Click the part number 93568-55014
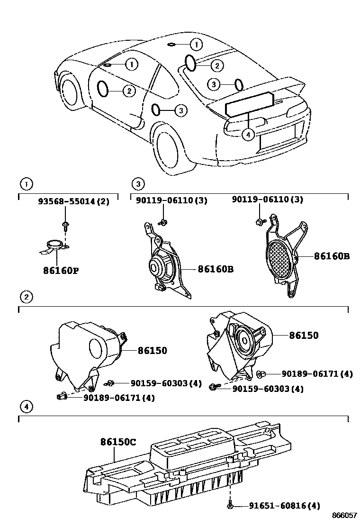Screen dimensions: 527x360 click(x=67, y=201)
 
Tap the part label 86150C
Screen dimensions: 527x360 click(x=118, y=442)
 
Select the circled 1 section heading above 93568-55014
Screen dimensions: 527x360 click(x=27, y=184)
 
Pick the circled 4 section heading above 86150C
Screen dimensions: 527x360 click(x=27, y=406)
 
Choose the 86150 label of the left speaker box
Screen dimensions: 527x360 click(x=153, y=351)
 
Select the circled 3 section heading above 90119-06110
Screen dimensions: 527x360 click(x=138, y=184)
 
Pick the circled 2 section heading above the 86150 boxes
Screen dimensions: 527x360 click(x=27, y=297)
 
